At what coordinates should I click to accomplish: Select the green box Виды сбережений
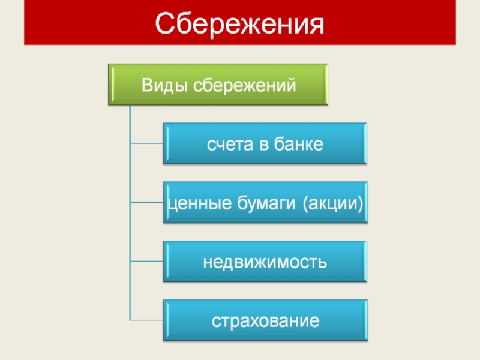[218, 85]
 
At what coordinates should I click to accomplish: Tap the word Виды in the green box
[159, 85]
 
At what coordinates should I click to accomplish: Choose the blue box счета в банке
[265, 144]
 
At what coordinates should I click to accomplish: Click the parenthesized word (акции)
[333, 204]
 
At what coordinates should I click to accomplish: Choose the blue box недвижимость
[265, 262]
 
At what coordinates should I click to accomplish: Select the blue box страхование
[265, 320]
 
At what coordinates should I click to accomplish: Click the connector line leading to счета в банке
[146, 144]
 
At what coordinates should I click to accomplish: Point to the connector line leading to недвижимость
[146, 262]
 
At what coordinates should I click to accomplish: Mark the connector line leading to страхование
[146, 320]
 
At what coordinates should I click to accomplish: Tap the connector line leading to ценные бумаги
[146, 203]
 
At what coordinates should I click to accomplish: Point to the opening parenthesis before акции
[305, 204]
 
